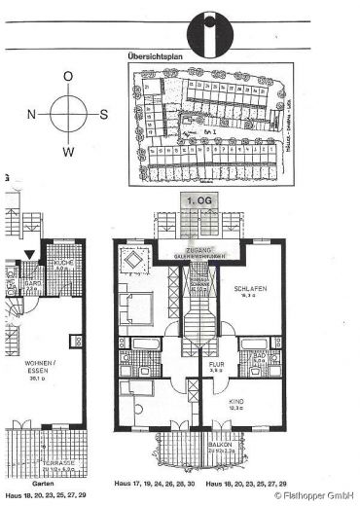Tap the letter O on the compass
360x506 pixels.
click(x=67, y=76)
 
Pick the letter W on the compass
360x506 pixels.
click(x=68, y=152)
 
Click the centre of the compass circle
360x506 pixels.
click(x=68, y=114)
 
